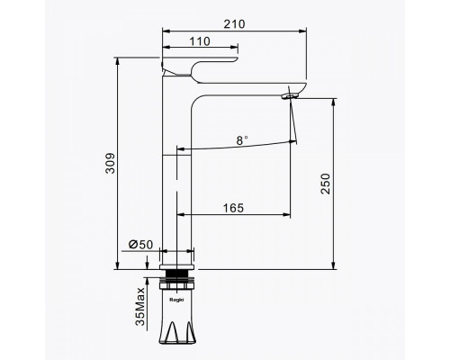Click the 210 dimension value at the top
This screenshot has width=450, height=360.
pyautogui.click(x=234, y=24)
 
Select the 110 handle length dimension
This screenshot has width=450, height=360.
pyautogui.click(x=200, y=41)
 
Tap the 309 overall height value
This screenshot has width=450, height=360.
pyautogui.click(x=110, y=163)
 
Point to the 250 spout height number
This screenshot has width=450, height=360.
pyautogui.click(x=325, y=184)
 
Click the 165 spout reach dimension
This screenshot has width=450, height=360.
pyautogui.click(x=233, y=208)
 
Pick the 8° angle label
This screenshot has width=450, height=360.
pyautogui.click(x=242, y=140)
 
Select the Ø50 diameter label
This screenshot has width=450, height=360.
pyautogui.click(x=141, y=245)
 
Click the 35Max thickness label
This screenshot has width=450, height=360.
pyautogui.click(x=140, y=306)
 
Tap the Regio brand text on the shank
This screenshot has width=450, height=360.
pyautogui.click(x=176, y=300)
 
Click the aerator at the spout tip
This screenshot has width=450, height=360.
pyautogui.click(x=290, y=96)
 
